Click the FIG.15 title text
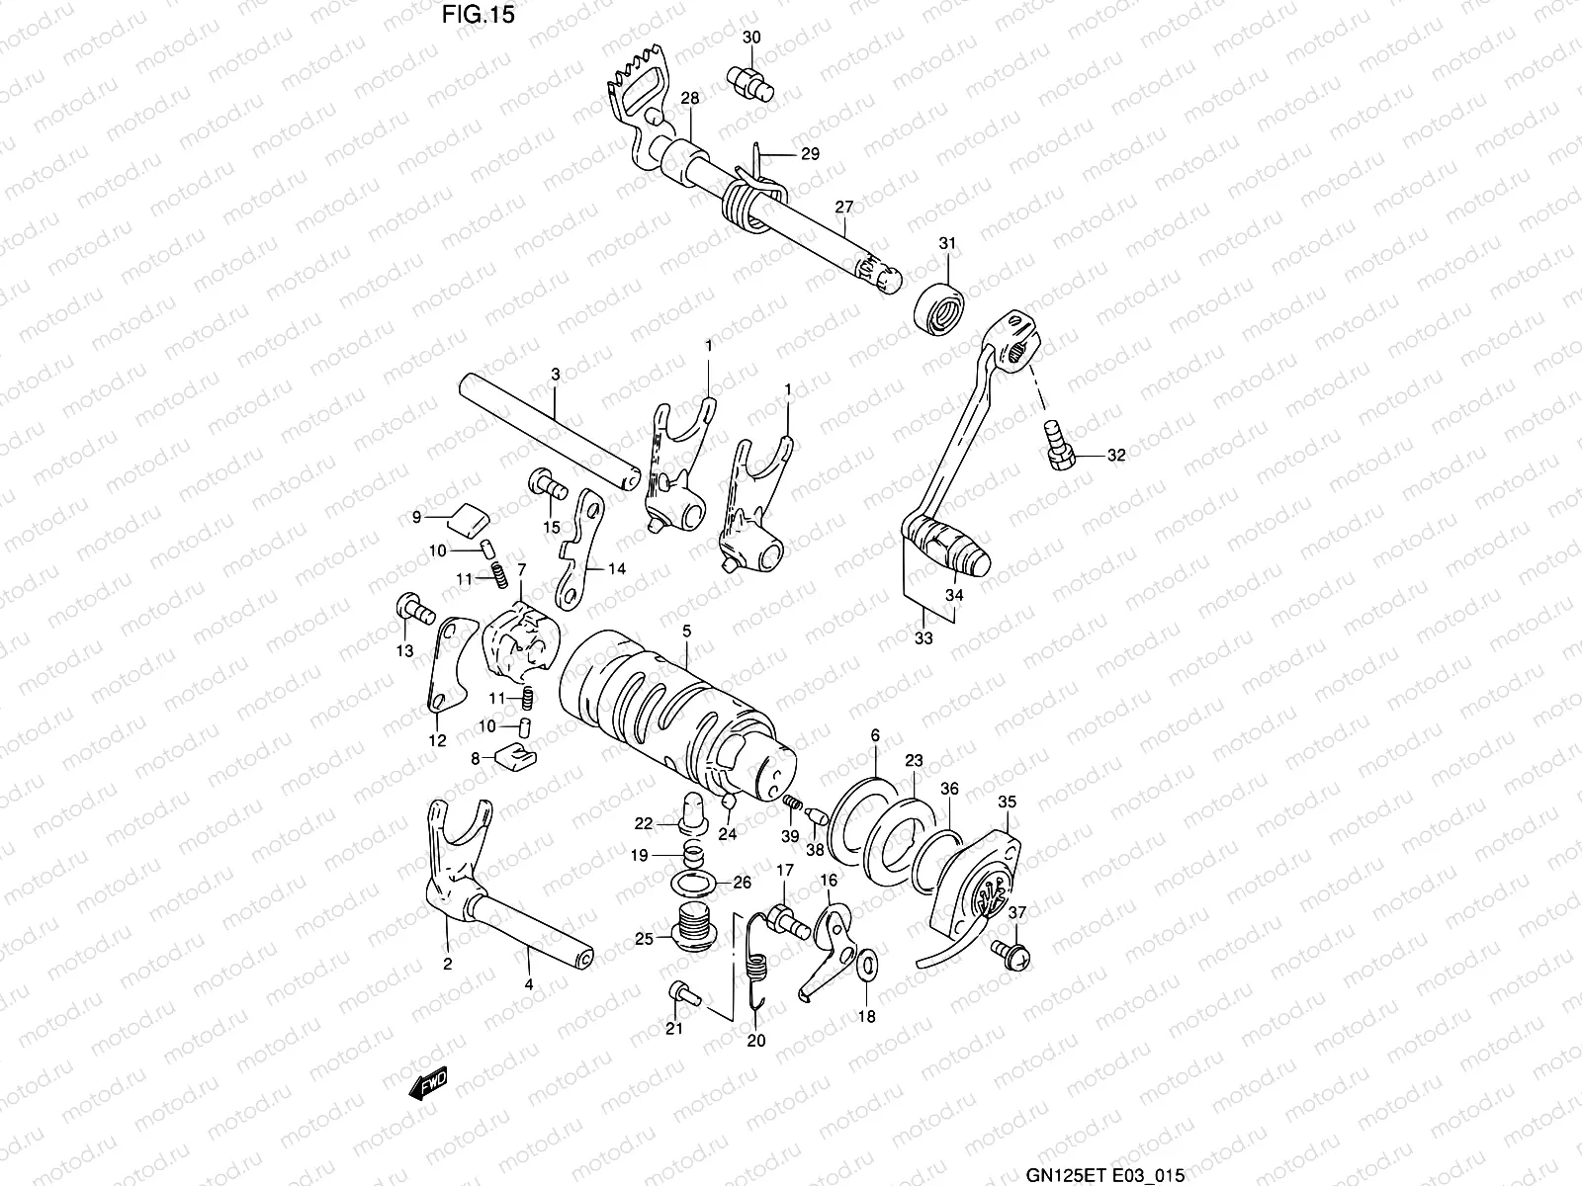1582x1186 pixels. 479,16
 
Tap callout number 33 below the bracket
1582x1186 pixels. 923,638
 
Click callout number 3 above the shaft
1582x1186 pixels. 555,376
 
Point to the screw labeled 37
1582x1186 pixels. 1010,953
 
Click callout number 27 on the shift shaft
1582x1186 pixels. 843,207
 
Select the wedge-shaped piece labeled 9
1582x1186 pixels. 464,516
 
